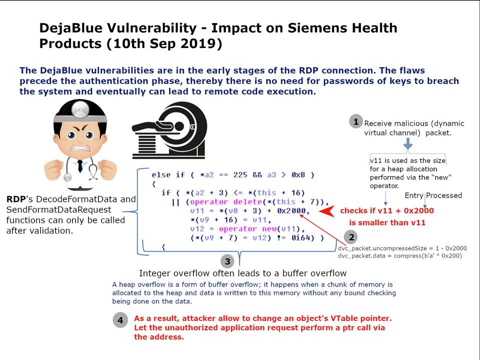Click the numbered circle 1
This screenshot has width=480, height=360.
coord(355,121)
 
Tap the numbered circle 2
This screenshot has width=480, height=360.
coord(351,237)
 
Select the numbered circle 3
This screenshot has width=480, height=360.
coord(227,261)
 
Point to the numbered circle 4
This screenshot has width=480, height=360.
coord(120,320)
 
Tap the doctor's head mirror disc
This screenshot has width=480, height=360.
coord(80,109)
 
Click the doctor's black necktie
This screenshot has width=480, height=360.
coord(80,165)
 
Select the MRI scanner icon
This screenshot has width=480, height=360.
coord(169,130)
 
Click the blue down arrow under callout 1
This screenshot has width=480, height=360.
coord(408,143)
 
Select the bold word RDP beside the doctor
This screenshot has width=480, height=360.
coord(16,199)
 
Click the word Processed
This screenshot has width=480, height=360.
coord(444,195)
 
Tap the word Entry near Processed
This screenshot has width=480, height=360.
coord(414,195)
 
